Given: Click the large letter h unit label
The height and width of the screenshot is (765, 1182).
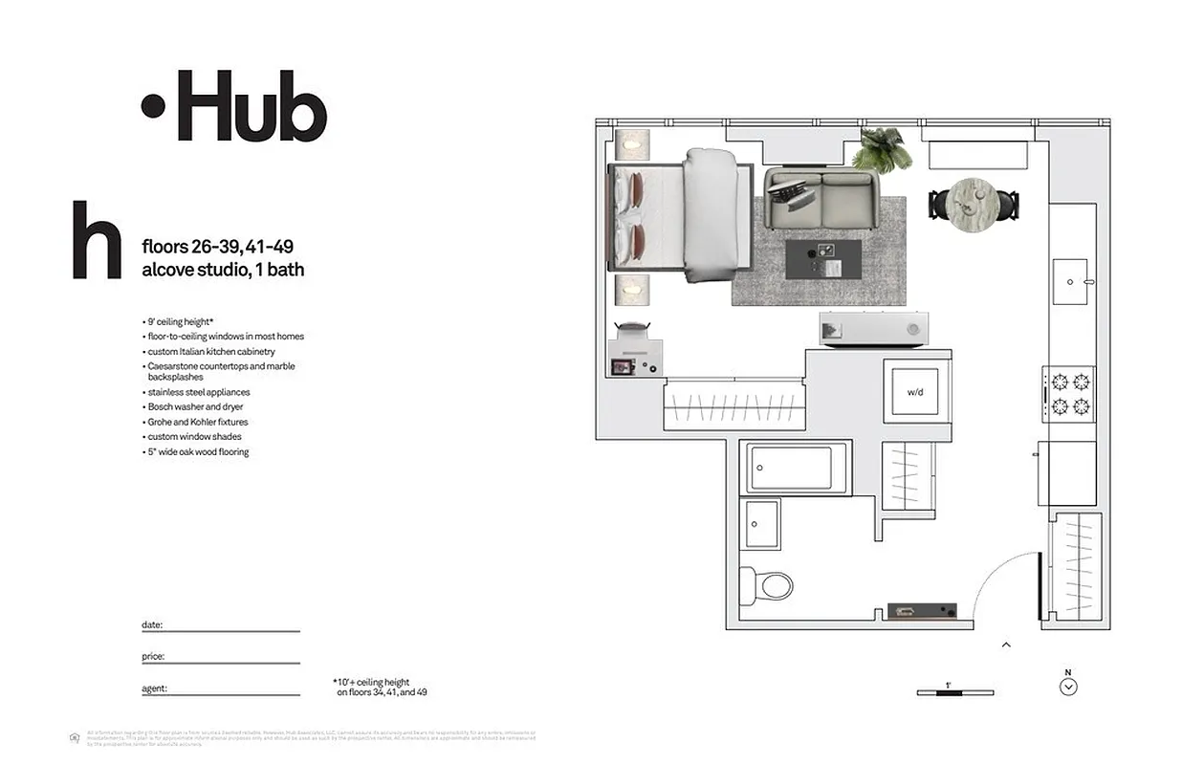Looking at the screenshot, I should (x=97, y=240).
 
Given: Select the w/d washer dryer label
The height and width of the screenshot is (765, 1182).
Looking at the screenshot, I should (x=915, y=392).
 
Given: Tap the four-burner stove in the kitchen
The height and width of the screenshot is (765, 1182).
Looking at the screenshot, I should (x=1070, y=394).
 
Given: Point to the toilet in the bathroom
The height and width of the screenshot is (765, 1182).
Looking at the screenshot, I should (x=768, y=583).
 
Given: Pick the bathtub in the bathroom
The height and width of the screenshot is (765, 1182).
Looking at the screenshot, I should (x=796, y=468).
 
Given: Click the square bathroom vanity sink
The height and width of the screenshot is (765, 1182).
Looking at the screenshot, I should (x=762, y=523).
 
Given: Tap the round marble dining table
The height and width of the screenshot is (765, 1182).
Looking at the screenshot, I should (x=974, y=202).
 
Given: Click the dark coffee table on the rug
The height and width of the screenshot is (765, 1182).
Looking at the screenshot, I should (x=822, y=259).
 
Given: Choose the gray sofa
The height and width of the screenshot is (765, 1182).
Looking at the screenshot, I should (x=820, y=199).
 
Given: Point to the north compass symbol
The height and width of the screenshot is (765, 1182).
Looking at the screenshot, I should (x=1069, y=686).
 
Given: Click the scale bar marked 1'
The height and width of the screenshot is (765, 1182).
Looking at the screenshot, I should (x=954, y=691).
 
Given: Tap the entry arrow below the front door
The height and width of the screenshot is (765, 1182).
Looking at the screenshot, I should (x=1006, y=645).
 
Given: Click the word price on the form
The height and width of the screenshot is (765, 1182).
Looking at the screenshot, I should (x=153, y=657).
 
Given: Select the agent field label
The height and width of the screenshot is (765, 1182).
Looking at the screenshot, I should (x=155, y=688).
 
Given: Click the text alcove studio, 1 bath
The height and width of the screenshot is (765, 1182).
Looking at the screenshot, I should (x=223, y=270).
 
